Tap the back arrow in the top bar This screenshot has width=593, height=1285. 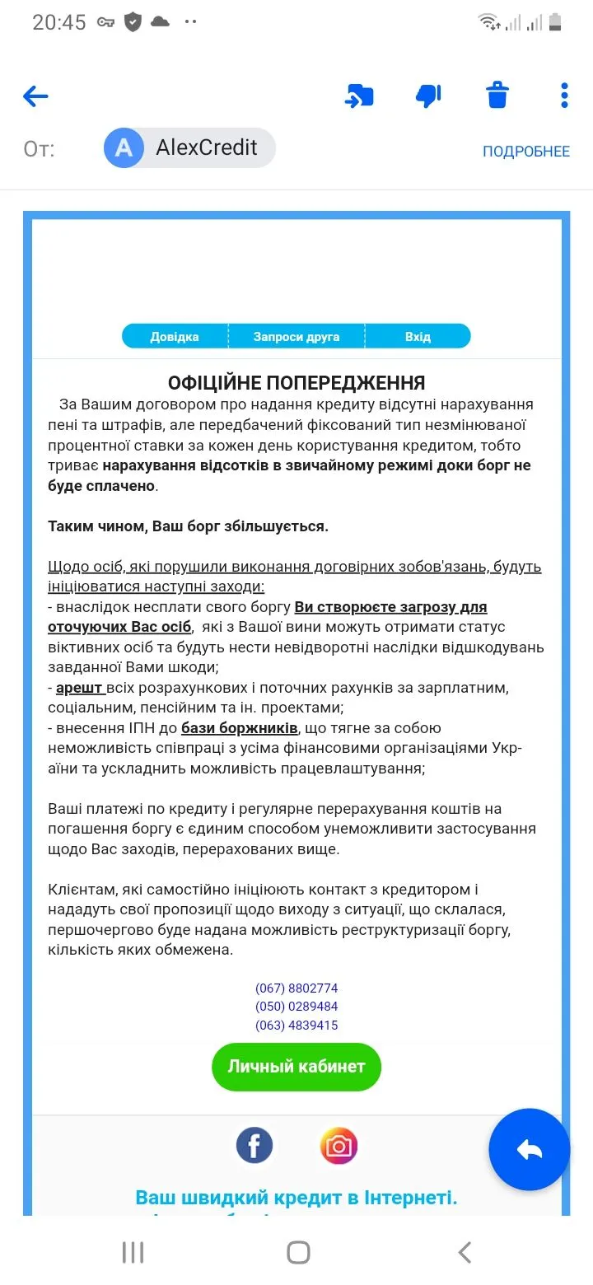[35, 96]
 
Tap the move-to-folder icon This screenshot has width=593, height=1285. [359, 96]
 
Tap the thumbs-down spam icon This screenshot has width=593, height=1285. [428, 96]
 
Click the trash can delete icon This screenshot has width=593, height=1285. [497, 96]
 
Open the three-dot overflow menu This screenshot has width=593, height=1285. [564, 96]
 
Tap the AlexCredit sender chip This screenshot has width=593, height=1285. [190, 148]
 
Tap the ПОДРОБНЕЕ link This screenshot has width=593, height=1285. [525, 152]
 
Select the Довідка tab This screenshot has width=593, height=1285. [175, 337]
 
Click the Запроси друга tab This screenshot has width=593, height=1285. [296, 337]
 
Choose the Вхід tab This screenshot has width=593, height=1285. [418, 337]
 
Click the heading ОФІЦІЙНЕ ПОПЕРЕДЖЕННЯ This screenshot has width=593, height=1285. [296, 383]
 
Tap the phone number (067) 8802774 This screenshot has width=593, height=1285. [296, 988]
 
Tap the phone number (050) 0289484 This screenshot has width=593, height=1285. [296, 1007]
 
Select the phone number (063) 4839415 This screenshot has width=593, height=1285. [296, 1026]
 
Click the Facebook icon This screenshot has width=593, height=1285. [254, 1146]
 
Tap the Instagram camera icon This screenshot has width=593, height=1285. [339, 1146]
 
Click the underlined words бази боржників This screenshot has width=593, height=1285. [240, 728]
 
